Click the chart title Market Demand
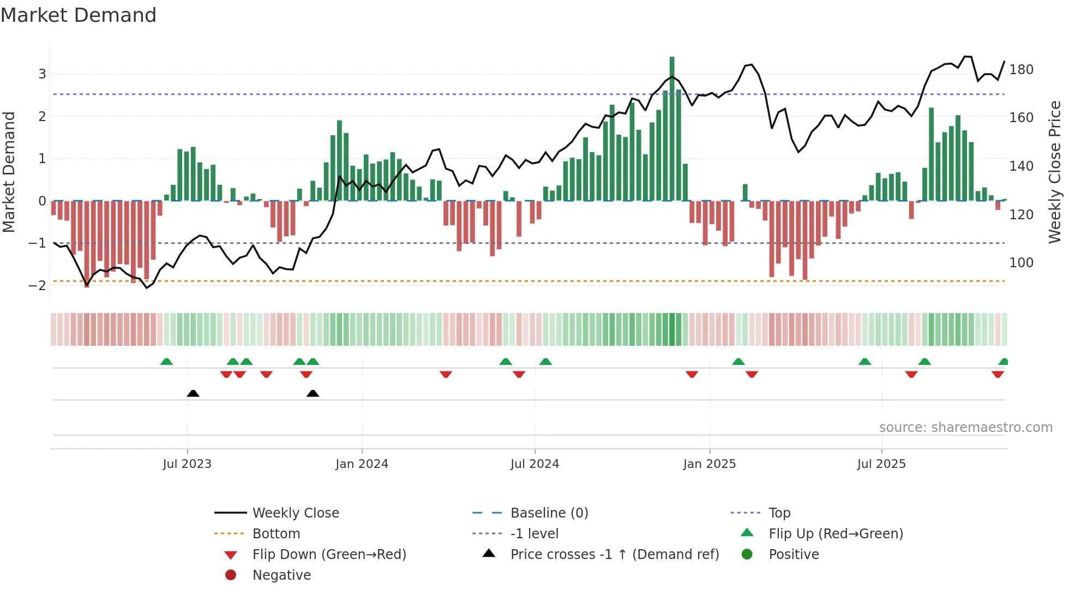point(79,15)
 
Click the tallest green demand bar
point(672,129)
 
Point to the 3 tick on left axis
point(42,74)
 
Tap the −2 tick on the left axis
point(38,286)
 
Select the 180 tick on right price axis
point(1021,70)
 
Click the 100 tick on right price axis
point(1021,263)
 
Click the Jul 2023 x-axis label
point(187,464)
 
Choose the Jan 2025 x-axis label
point(709,464)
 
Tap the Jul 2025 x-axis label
point(881,464)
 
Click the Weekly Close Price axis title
point(1055,172)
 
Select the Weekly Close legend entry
point(295,513)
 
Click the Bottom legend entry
point(276,534)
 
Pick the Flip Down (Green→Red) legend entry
point(329,555)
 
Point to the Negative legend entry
point(281,575)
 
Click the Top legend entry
point(779,513)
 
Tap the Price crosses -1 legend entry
point(614,555)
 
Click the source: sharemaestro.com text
point(965,428)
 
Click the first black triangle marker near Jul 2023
point(193,393)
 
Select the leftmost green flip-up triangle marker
point(166,362)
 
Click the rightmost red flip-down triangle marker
point(998,374)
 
